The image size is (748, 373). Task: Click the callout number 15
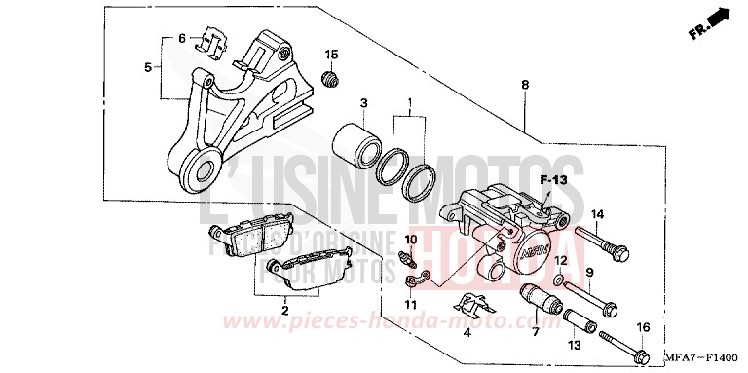click(331, 54)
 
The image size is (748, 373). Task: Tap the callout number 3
click(362, 104)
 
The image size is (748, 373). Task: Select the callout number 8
click(525, 86)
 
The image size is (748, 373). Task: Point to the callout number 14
click(598, 214)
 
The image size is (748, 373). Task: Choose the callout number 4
click(467, 333)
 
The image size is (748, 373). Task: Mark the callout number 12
click(559, 261)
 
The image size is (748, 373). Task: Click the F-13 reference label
click(554, 180)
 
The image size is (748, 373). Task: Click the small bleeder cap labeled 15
click(331, 77)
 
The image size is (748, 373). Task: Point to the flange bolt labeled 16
click(623, 345)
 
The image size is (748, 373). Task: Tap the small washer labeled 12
click(557, 281)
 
